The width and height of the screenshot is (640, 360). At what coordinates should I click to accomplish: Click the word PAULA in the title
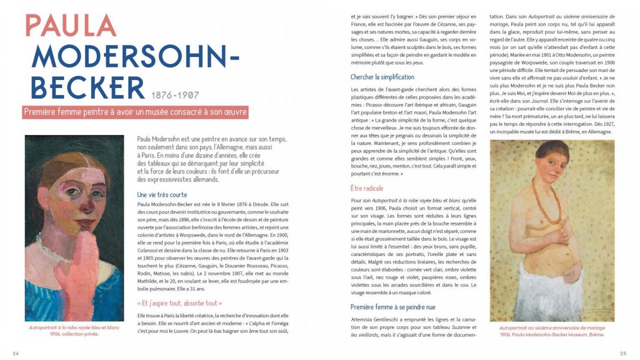[71, 25]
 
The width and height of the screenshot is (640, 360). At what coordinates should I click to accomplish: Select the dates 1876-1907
[175, 95]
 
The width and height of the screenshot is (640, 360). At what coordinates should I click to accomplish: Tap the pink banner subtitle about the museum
[135, 113]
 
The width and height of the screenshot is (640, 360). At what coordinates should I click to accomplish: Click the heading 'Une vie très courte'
[162, 195]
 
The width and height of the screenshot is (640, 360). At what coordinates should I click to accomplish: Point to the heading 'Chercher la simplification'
[382, 77]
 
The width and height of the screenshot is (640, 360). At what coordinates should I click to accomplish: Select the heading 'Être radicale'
[367, 188]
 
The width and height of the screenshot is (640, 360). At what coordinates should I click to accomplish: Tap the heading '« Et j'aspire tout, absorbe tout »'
[179, 302]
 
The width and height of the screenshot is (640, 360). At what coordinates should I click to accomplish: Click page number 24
[16, 353]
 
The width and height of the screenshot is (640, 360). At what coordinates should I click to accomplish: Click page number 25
[623, 353]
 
